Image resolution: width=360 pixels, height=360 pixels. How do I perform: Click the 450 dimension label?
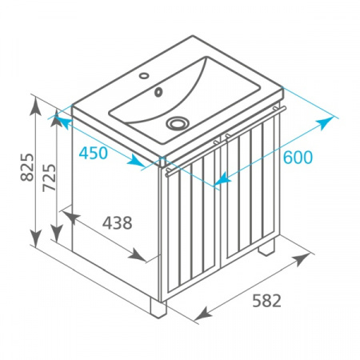pyautogui.click(x=94, y=153)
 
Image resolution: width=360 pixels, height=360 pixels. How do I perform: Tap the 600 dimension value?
pyautogui.click(x=298, y=157)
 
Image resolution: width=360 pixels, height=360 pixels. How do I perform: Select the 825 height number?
pyautogui.click(x=27, y=167)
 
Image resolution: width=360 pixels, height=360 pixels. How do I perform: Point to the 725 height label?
pyautogui.click(x=50, y=178)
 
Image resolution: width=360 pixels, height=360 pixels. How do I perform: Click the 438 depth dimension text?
pyautogui.click(x=118, y=223)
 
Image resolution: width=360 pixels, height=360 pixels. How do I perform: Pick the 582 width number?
pyautogui.click(x=266, y=301)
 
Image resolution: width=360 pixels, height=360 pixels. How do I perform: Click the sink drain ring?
pyautogui.click(x=178, y=123)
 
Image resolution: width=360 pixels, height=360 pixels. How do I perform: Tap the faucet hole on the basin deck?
pyautogui.click(x=144, y=76)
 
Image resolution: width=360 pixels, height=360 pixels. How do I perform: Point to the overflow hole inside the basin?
pyautogui.click(x=158, y=92)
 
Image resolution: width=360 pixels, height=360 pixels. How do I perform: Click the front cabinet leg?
pyautogui.click(x=158, y=308)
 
